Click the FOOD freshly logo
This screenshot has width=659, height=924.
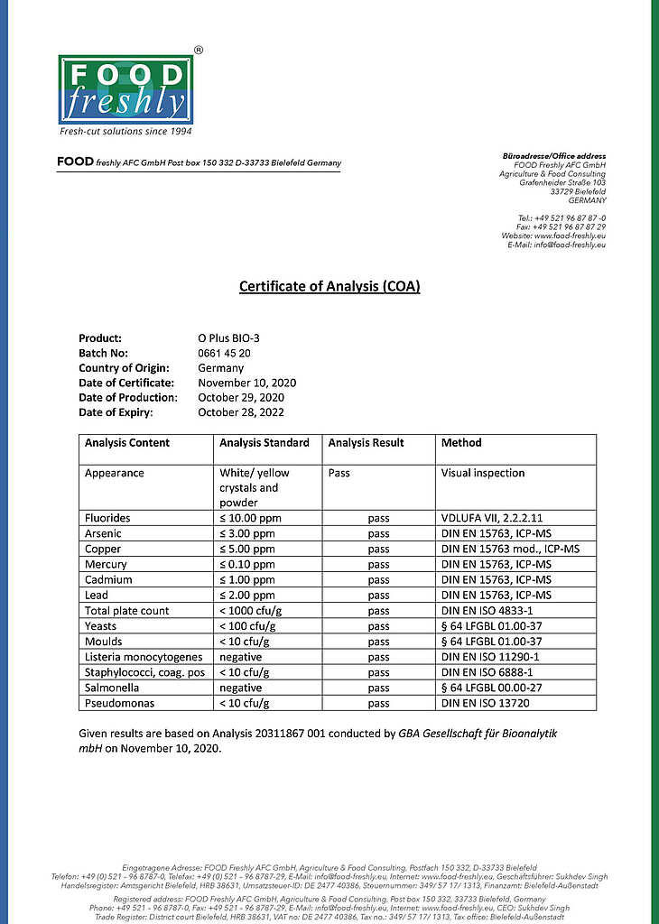125,89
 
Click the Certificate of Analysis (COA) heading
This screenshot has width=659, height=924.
329,287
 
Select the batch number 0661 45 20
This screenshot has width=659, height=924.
225,353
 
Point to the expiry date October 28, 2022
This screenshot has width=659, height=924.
241,411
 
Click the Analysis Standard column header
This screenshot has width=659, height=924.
265,443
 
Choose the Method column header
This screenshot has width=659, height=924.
461,443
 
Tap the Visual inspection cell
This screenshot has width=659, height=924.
482,473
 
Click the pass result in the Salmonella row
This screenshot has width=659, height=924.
379,688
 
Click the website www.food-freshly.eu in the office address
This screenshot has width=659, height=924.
571,236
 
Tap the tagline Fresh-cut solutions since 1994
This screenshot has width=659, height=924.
125,132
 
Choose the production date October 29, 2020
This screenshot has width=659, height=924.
241,397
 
